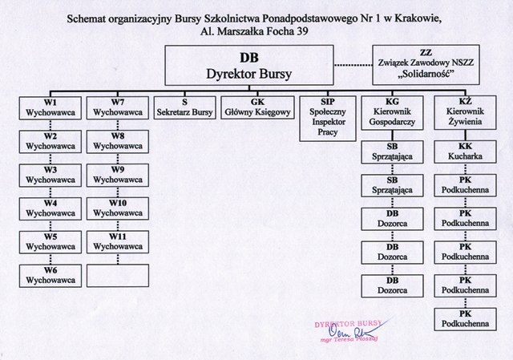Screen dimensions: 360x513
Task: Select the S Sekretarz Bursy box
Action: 185,108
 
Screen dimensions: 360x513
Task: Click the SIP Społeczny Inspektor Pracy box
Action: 327,117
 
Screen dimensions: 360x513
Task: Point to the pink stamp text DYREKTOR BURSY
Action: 347,322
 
